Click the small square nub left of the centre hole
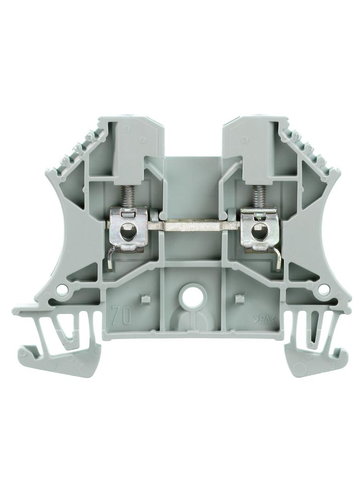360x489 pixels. pyautogui.click(x=144, y=299)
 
